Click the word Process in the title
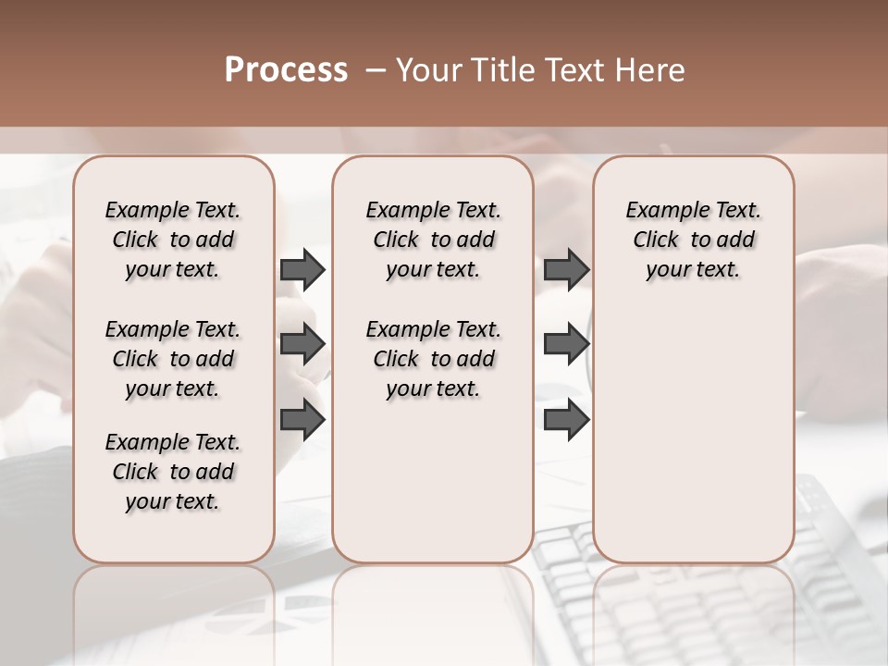coord(286,70)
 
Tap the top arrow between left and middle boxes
coord(302,270)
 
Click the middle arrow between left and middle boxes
coord(302,345)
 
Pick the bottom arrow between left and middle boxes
coord(302,420)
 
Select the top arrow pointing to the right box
coord(566,270)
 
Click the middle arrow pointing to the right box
coord(566,345)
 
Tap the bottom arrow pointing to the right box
coord(566,420)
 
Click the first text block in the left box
coord(173,240)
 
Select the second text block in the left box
coord(173,359)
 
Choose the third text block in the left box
coord(173,472)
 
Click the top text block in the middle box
coord(433,240)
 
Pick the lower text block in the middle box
coord(433,359)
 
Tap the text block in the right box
coord(693,240)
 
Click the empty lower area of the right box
coord(693,435)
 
